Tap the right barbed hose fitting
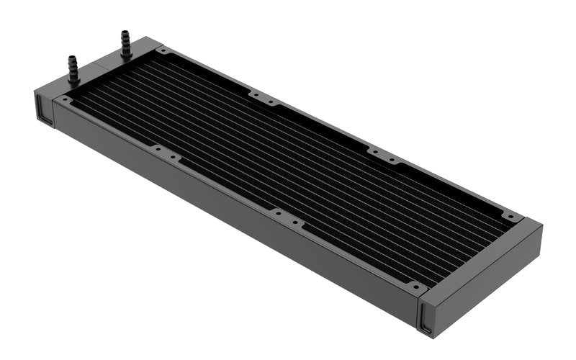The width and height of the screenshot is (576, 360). tap(125, 42)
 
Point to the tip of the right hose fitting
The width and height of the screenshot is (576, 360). tap(124, 33)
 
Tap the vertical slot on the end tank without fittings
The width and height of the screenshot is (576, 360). tap(427, 318)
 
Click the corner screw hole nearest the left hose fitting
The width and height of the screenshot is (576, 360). tap(66, 99)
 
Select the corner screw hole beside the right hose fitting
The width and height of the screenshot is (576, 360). tap(164, 51)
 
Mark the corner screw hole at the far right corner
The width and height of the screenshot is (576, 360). tap(510, 215)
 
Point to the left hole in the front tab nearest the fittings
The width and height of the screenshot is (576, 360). tap(155, 148)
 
